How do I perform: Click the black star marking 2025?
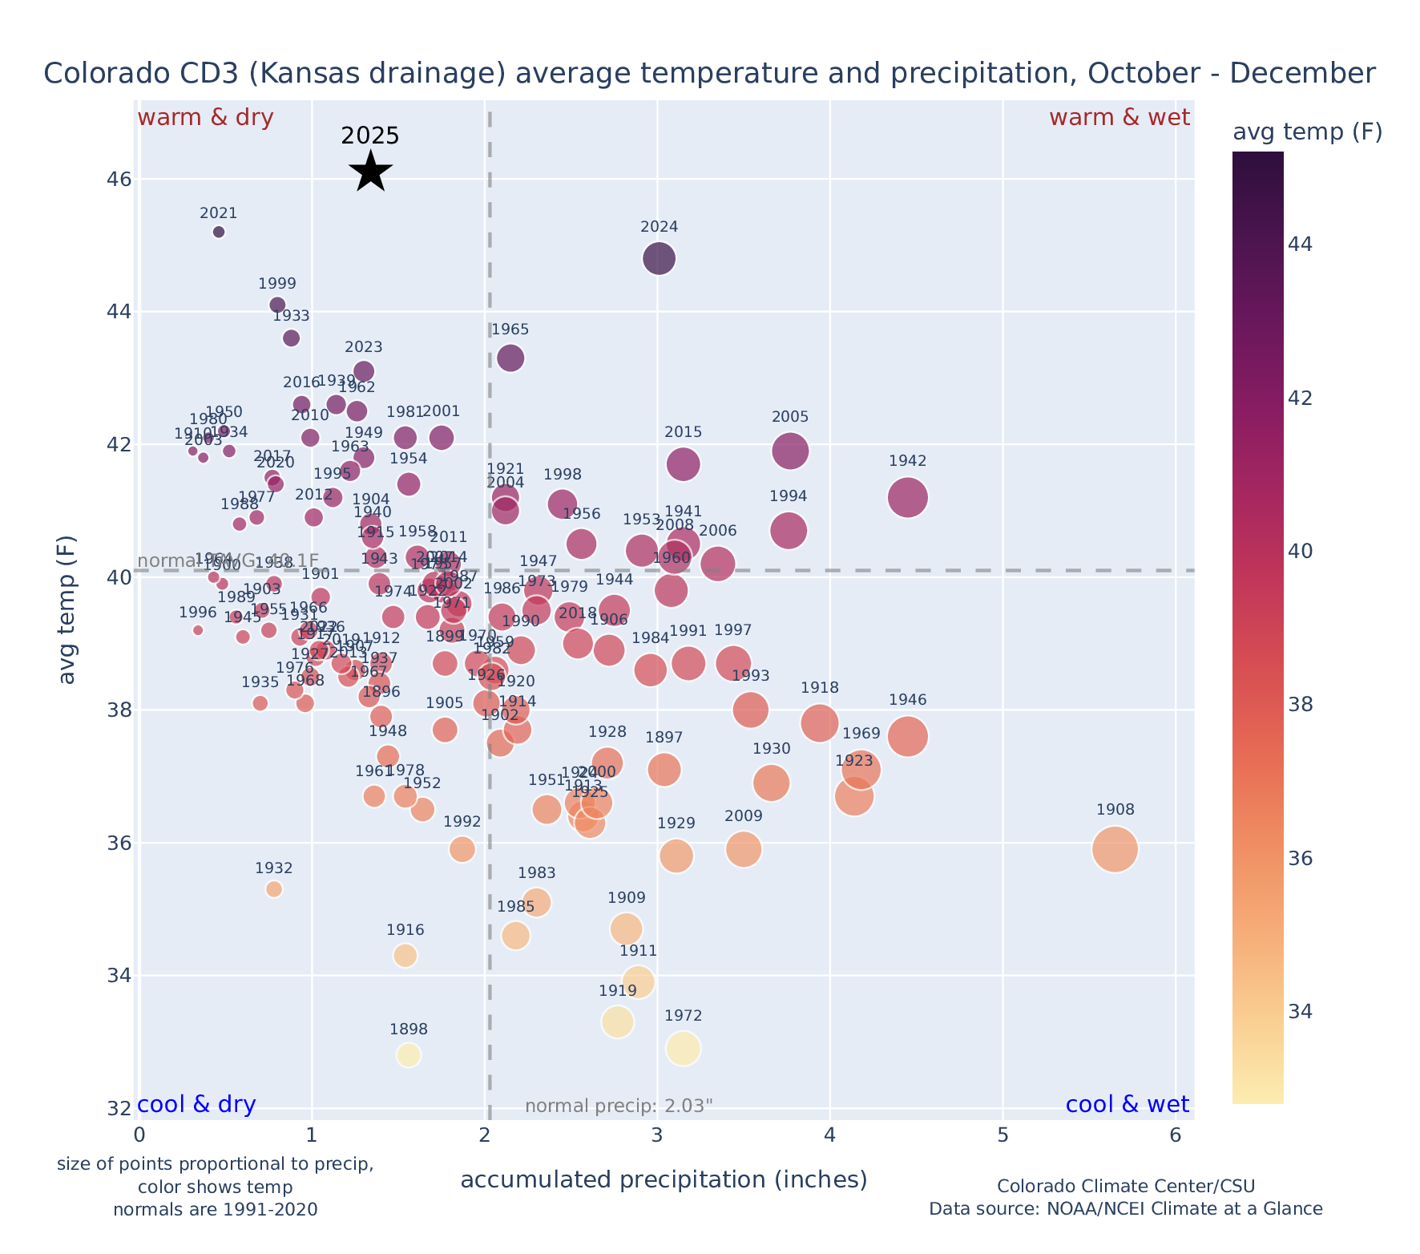tap(371, 171)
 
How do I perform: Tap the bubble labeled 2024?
tap(659, 258)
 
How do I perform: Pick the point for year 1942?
tap(908, 498)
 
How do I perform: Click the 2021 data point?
tap(219, 232)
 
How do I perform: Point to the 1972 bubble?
tap(684, 1048)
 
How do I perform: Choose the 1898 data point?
tap(409, 1055)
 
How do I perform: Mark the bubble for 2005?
tap(790, 451)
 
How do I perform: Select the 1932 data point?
tap(274, 888)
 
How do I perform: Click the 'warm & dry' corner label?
tap(206, 118)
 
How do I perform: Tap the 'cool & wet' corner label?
tap(1127, 1105)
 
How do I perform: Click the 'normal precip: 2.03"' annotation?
tap(619, 1106)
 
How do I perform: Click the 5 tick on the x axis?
tap(1002, 1135)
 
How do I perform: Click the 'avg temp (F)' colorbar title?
tap(1307, 132)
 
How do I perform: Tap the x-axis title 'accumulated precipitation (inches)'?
tap(664, 1179)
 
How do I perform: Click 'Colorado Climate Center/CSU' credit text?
tap(1126, 1186)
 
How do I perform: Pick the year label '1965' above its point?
tap(510, 330)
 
